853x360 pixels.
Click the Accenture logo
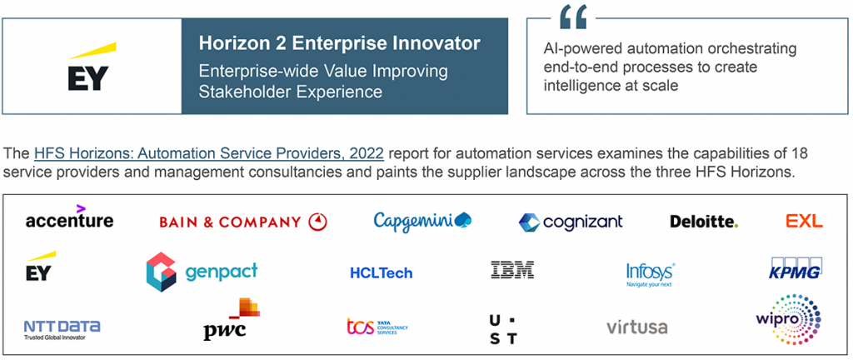69,219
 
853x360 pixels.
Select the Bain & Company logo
242,222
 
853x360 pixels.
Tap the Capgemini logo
422,221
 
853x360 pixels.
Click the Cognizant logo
570,222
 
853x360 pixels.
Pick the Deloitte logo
703,222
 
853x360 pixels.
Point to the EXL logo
804,221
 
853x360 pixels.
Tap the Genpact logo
202,272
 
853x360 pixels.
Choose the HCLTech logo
381,272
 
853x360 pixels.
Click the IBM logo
512,270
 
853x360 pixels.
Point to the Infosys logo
650,273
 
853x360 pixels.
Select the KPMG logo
796,270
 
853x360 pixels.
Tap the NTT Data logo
61,327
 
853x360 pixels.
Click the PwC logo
232,320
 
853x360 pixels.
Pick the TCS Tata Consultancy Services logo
377,326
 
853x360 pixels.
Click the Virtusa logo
636,327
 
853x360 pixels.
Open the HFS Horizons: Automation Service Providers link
208,154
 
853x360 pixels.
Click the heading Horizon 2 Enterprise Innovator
339,42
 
